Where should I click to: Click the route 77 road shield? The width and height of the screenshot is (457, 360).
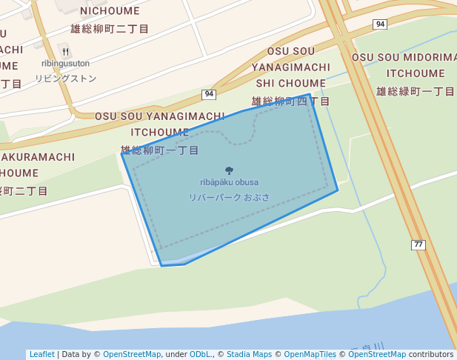click(x=418, y=244)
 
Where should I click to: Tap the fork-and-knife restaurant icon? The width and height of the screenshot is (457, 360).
click(x=66, y=52)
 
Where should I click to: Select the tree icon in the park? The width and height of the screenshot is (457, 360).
click(x=229, y=170)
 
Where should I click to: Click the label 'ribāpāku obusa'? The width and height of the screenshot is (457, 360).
click(x=229, y=182)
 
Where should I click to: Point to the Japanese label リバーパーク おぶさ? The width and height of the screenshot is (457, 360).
click(x=229, y=198)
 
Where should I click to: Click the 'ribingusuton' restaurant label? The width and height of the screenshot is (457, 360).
click(x=66, y=64)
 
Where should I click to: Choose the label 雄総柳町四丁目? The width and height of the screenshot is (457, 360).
click(x=290, y=101)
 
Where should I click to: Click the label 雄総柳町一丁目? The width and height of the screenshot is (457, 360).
click(x=160, y=150)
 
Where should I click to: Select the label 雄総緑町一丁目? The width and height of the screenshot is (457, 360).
click(x=416, y=91)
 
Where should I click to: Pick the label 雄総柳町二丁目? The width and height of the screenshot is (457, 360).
click(x=110, y=29)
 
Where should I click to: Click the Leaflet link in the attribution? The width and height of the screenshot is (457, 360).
click(x=41, y=354)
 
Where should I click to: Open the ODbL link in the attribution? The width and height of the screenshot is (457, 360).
click(x=199, y=354)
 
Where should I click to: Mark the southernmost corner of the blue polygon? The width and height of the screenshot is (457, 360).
click(x=162, y=265)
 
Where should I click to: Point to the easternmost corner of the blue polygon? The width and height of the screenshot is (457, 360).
click(x=338, y=190)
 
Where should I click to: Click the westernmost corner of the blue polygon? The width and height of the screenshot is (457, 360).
click(x=121, y=154)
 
